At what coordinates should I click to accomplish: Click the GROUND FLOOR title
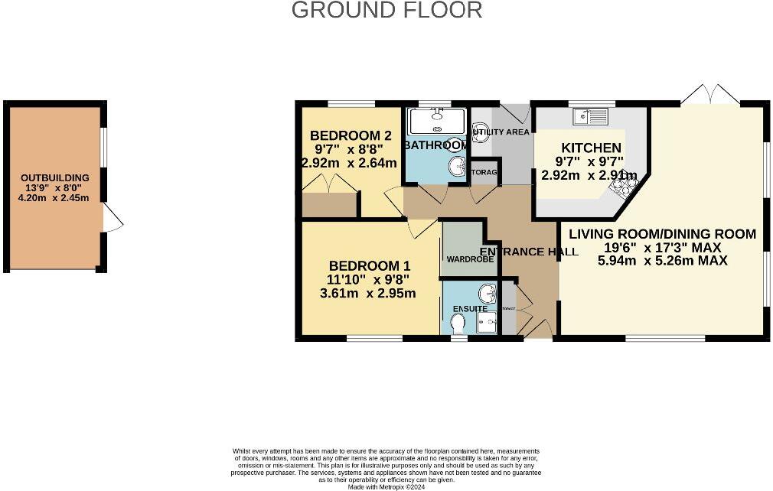[386, 10]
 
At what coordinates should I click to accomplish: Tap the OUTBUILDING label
[54, 177]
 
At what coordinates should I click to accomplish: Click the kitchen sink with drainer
[590, 116]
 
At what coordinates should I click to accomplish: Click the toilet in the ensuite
[458, 325]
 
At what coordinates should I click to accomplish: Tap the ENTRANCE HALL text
[528, 252]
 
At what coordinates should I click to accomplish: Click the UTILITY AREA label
[501, 132]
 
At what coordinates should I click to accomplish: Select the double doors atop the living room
[711, 95]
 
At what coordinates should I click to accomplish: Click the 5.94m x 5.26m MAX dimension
[662, 260]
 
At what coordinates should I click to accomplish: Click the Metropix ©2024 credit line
[386, 486]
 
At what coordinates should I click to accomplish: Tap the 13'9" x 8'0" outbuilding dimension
[54, 188]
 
